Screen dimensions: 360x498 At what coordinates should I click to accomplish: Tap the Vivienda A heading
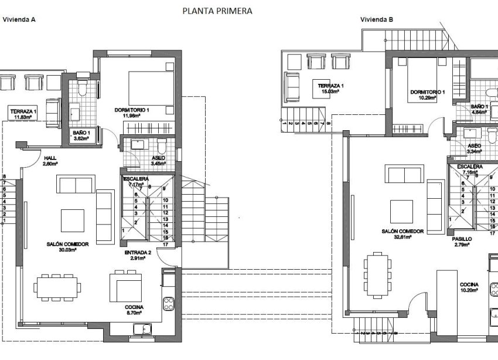click(19, 19)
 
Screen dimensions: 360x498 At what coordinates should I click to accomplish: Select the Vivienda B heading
click(377, 19)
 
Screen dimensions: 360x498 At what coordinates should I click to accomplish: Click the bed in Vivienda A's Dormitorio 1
click(151, 89)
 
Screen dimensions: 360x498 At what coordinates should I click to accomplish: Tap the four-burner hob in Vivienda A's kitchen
click(169, 304)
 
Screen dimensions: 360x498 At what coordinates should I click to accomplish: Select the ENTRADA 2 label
click(138, 252)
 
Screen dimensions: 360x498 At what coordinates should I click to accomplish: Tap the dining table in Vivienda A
click(58, 286)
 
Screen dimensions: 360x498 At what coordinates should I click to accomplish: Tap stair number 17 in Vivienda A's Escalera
click(166, 245)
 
